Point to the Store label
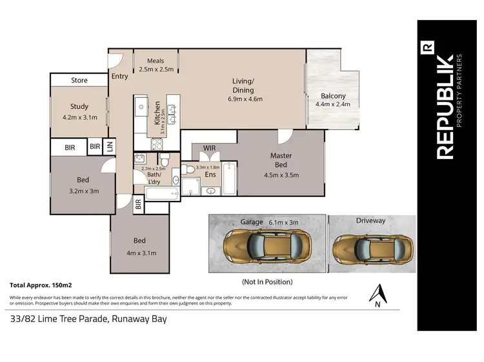coord(79,81)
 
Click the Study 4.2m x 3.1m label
coord(79,112)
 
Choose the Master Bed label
coord(281,160)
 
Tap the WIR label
coord(209,149)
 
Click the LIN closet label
coord(109,147)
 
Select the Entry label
coord(120,77)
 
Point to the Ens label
coord(210,174)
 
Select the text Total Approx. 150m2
coord(41,284)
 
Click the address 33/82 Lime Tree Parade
coord(88,318)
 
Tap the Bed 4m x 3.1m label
coord(141,247)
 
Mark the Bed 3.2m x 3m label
coord(83,186)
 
